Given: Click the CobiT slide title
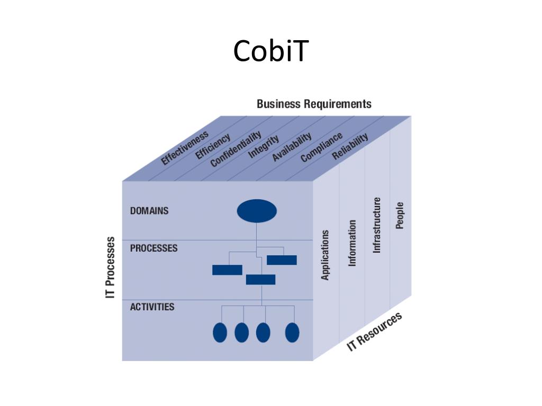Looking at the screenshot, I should (270, 51).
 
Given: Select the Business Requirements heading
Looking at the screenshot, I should (314, 104).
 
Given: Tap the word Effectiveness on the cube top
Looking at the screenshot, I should (185, 148).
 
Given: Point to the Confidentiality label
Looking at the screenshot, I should (236, 150).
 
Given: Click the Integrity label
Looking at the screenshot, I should (264, 146).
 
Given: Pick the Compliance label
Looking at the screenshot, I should (321, 147).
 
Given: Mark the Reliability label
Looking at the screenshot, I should (350, 146).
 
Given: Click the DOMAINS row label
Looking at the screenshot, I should (149, 210).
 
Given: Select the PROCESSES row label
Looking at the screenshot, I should (153, 248).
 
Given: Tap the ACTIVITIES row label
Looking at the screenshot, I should (152, 307).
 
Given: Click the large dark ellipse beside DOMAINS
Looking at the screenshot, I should (257, 211).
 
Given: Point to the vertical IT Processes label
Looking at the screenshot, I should (111, 267).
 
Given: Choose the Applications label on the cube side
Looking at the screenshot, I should (326, 255).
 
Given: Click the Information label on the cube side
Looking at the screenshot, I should (352, 243).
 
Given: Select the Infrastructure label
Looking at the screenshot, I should (377, 225).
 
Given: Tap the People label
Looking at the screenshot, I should (400, 216).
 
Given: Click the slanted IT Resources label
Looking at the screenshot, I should (375, 331).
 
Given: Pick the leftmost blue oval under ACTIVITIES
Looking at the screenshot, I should (220, 333).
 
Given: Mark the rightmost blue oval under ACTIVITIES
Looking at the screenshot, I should (292, 333).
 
